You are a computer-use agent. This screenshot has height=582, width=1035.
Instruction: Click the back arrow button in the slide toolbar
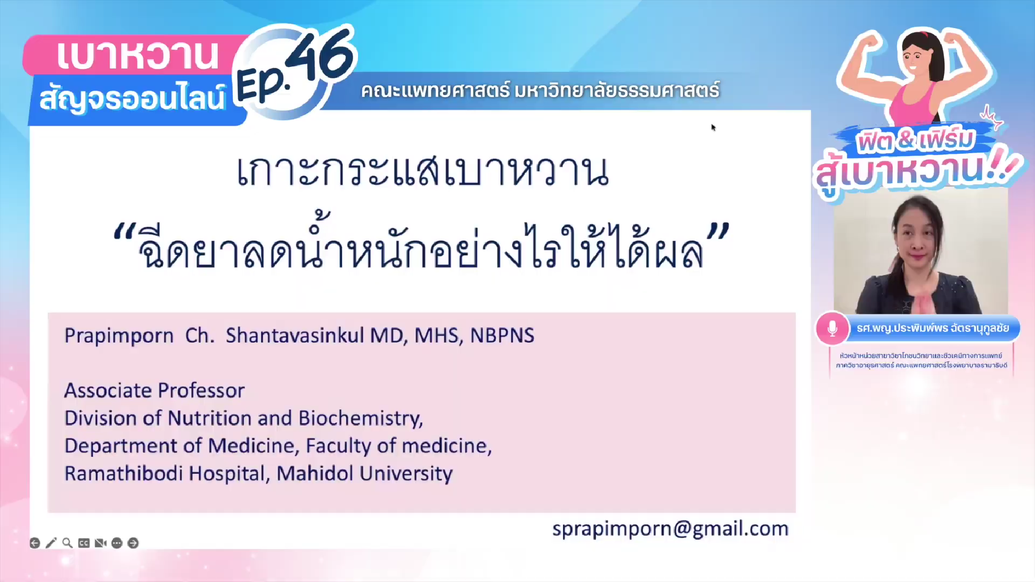35,543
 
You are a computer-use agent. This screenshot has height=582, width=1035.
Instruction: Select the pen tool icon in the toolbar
51,543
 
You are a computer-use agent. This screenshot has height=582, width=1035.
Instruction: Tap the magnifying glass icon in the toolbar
67,543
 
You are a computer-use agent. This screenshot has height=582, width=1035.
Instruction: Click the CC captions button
84,543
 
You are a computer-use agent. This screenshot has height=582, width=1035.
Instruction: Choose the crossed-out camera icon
100,543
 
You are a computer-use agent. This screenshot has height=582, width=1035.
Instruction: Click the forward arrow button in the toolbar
133,543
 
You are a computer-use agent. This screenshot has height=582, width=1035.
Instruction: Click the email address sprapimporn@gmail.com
670,529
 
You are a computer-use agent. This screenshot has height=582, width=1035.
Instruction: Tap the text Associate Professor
155,390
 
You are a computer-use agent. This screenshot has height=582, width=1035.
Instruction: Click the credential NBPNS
502,335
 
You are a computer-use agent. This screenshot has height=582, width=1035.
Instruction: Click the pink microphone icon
832,328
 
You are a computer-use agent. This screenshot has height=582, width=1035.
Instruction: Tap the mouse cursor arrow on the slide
713,128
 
